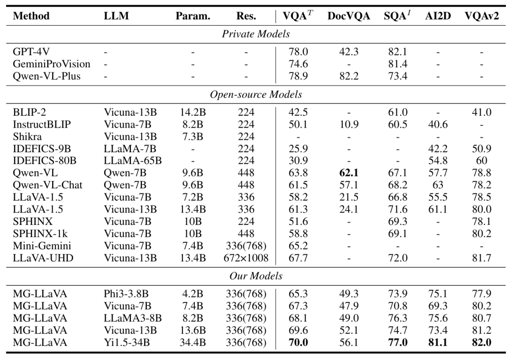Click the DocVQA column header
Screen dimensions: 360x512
coord(348,16)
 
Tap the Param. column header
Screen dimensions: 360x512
coord(193,16)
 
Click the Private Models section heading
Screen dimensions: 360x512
coord(256,34)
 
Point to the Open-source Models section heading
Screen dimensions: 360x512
coord(256,94)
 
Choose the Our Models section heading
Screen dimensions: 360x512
coord(256,276)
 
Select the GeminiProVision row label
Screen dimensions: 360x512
coord(45,64)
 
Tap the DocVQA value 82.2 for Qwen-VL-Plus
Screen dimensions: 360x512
coord(348,76)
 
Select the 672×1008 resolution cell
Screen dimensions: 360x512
coord(246,258)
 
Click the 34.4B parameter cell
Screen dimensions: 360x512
coord(193,342)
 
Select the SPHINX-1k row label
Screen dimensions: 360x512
coord(37,233)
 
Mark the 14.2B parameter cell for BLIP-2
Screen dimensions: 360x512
coord(193,112)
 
